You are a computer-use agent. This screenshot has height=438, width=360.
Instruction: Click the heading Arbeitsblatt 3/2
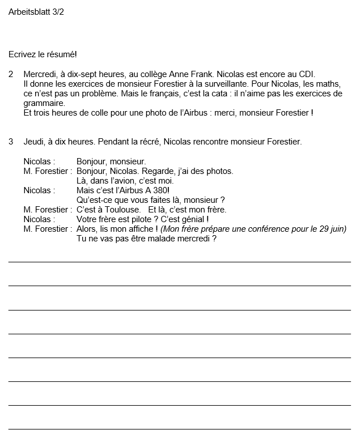36,11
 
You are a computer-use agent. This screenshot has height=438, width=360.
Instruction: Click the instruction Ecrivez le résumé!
43,54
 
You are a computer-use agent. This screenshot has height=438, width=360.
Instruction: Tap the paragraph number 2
11,74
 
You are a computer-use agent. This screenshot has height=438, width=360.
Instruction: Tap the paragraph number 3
11,142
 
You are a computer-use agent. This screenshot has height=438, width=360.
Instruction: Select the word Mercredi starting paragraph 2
40,74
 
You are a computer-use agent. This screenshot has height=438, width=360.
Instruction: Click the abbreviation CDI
306,74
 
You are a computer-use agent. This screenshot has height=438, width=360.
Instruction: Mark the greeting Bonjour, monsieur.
111,161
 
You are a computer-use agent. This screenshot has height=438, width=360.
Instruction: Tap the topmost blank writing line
179,262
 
